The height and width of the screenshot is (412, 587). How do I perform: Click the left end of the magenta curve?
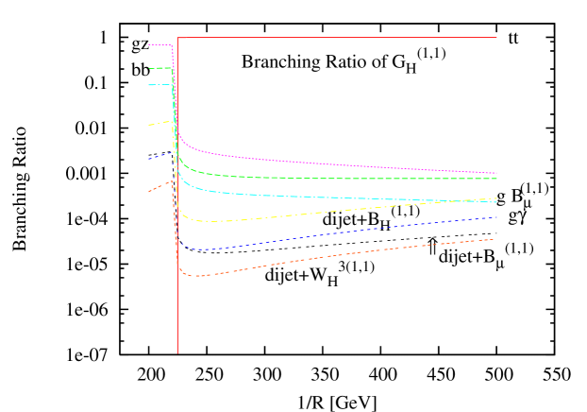(x=148, y=44)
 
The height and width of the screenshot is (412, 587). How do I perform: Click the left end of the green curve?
(x=148, y=68)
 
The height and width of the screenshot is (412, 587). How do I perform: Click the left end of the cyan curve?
(x=148, y=85)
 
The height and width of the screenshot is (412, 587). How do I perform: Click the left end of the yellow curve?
(x=148, y=125)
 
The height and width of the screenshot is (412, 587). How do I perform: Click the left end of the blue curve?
(x=148, y=159)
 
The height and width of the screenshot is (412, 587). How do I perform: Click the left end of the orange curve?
(x=148, y=192)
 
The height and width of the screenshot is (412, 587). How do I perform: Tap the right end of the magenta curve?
(x=496, y=173)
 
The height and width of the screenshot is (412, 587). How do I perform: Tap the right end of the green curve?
(x=496, y=179)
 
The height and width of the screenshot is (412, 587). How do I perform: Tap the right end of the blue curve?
(x=496, y=217)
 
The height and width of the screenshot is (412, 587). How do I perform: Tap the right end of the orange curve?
(x=495, y=239)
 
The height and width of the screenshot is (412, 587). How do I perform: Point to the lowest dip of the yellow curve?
(x=201, y=221)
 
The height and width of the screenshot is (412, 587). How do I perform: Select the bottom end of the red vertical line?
(x=177, y=352)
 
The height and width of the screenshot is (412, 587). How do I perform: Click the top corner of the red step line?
(x=177, y=38)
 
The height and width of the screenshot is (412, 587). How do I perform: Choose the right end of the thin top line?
(x=496, y=38)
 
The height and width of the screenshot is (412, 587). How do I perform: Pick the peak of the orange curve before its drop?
(x=172, y=180)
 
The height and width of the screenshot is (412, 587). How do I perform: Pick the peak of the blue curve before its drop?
(x=172, y=152)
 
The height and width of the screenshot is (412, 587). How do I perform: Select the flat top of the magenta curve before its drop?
(x=160, y=44)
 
